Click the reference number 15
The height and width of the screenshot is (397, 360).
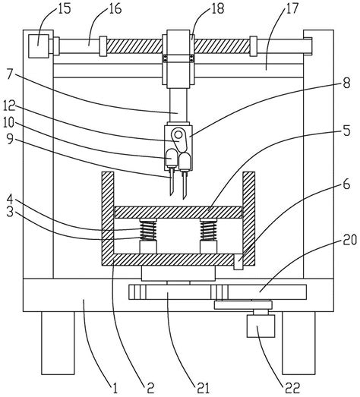coord(63,8)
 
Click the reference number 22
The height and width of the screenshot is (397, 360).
coord(292,387)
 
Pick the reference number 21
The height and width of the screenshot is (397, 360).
coord(203,387)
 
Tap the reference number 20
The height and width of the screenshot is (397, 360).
coord(349,240)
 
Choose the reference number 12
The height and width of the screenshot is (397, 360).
coord(9,106)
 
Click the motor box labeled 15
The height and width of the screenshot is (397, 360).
coord(38,46)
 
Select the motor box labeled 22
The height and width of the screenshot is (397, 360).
coord(261,326)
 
